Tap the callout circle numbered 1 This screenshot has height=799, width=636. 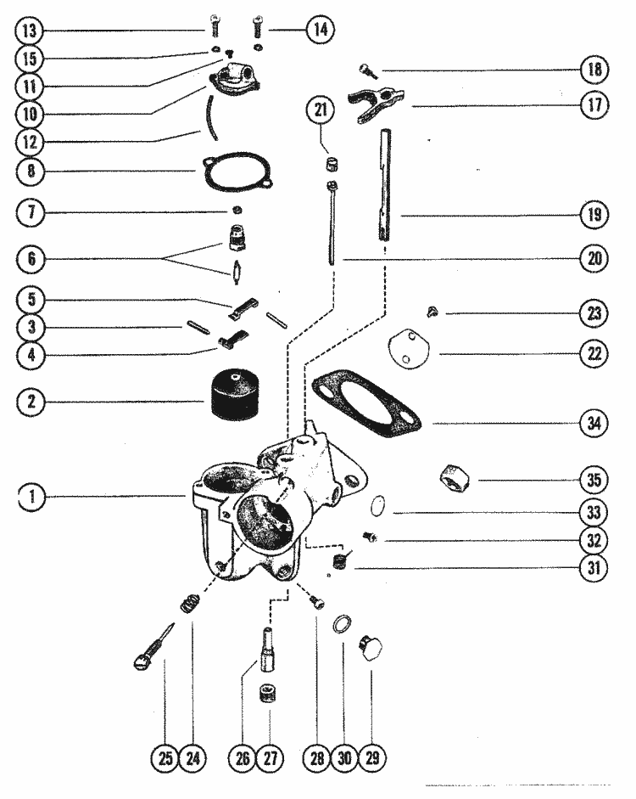coord(31,498)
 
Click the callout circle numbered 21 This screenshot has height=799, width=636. coord(322,110)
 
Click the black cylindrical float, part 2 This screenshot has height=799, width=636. coord(232,397)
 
